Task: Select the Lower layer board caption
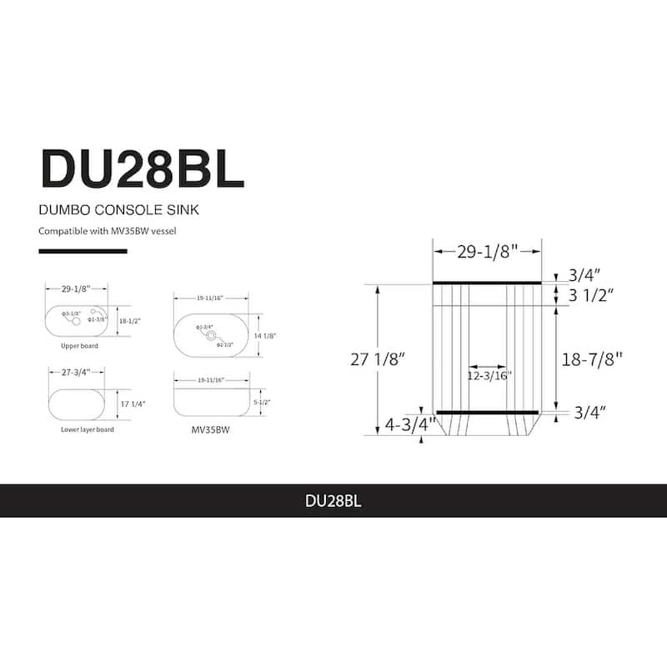pyautogui.click(x=88, y=429)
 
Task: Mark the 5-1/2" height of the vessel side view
pyautogui.click(x=262, y=402)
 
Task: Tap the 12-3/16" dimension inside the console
pyautogui.click(x=489, y=375)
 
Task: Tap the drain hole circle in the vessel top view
pyautogui.click(x=212, y=336)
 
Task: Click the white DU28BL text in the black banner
pyautogui.click(x=333, y=502)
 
